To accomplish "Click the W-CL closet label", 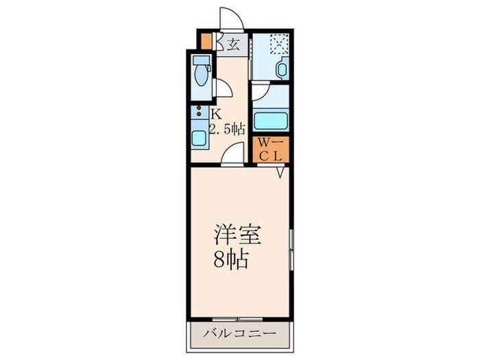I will point(271,149).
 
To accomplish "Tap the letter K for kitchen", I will point(215,114).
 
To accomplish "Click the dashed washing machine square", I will point(278,44).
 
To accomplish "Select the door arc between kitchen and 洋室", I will point(232,156).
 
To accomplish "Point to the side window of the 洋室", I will point(291,250).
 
